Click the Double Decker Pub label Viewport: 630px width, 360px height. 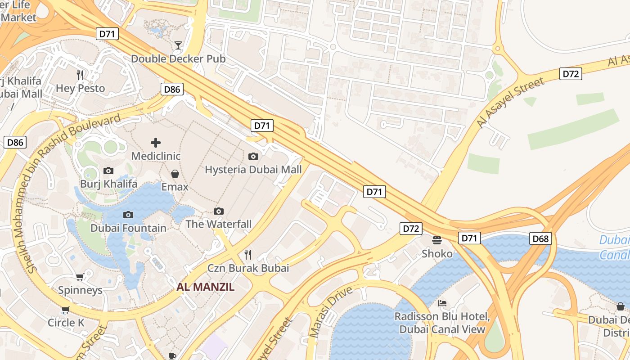click(178, 59)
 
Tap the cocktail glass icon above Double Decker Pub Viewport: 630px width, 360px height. click(178, 45)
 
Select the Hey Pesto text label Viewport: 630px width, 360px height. click(80, 88)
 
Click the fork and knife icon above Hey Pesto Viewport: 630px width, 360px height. click(80, 75)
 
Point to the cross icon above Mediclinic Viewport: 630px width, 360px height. click(156, 143)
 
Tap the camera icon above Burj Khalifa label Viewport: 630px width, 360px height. click(108, 171)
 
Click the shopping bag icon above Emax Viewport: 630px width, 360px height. click(175, 174)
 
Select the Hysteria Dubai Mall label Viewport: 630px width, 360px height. click(253, 170)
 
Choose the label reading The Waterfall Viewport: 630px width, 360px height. click(219, 224)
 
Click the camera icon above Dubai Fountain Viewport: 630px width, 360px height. click(128, 215)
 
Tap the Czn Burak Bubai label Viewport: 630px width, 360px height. click(248, 268)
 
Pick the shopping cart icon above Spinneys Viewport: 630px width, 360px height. click(80, 277)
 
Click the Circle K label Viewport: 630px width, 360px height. click(66, 323)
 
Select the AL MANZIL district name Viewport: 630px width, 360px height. click(206, 287)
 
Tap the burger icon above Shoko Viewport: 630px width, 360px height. click(437, 240)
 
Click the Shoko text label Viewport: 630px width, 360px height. click(437, 254)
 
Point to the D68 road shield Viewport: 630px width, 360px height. click(540, 238)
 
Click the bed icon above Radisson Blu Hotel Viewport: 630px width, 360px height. click(442, 303)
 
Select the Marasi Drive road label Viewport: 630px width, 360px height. click(331, 311)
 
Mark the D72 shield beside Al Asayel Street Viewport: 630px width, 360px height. click(571, 74)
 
